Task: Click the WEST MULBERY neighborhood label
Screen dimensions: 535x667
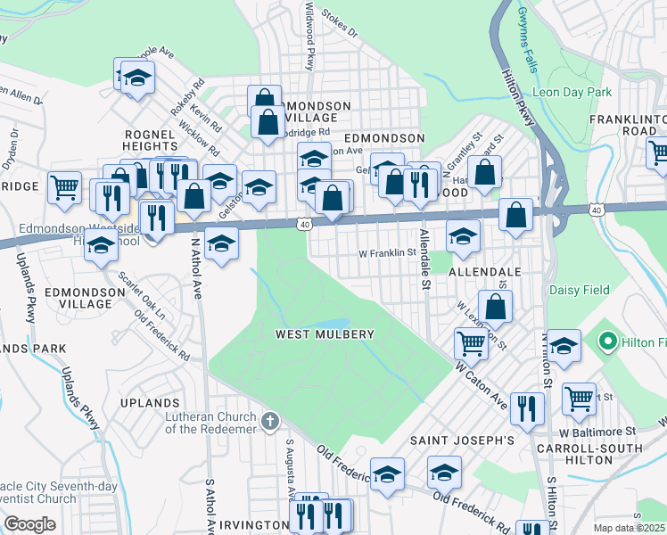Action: click(324, 333)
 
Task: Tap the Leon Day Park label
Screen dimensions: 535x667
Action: click(572, 92)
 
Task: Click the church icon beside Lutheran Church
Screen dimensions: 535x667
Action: click(270, 419)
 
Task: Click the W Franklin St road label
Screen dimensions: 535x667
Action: click(387, 252)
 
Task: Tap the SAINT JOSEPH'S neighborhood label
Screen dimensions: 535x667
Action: click(462, 440)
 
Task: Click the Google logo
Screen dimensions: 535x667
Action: click(29, 524)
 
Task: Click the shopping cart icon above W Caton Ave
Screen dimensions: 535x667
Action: click(470, 342)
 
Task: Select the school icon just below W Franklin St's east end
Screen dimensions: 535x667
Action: click(463, 236)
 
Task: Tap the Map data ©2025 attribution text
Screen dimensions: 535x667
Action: click(629, 528)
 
